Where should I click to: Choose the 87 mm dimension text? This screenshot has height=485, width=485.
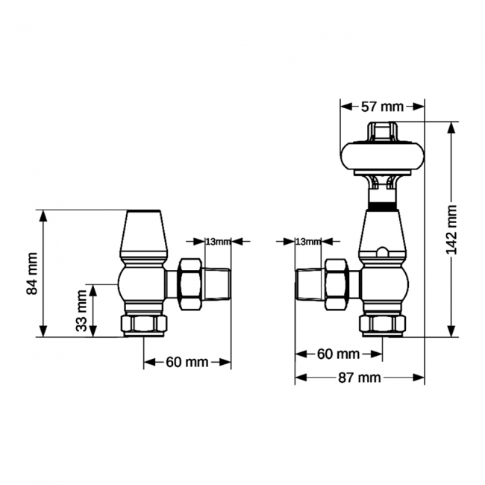click(360, 378)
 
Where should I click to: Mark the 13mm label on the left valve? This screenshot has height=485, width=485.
click(216, 241)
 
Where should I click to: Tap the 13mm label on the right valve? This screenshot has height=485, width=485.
click(307, 241)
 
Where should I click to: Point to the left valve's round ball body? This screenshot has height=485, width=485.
click(143, 284)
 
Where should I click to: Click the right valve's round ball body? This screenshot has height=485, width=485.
click(384, 284)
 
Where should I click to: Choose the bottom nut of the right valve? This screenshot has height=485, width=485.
click(383, 325)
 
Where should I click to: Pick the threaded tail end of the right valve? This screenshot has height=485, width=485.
click(310, 284)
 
